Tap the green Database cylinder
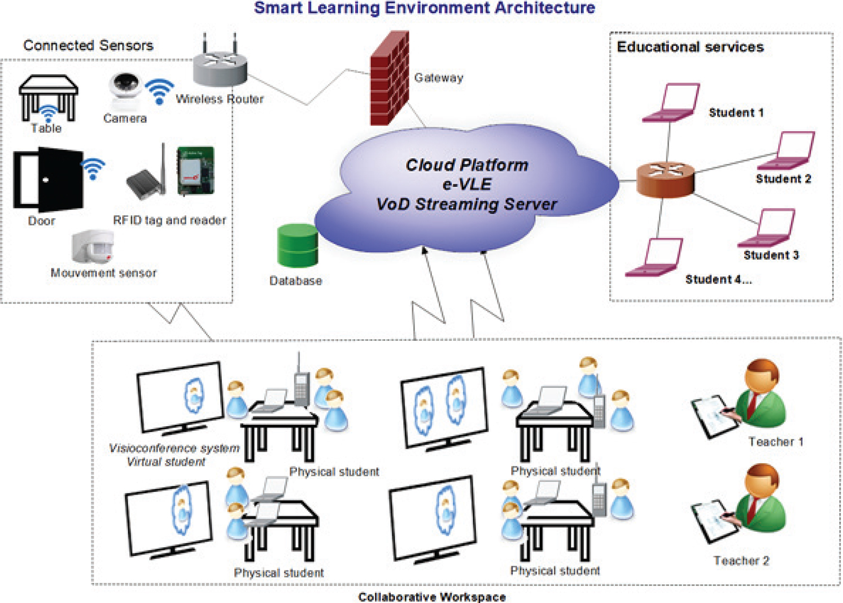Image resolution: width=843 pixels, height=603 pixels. [298, 245]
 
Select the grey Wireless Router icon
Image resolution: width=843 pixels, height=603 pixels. [220, 68]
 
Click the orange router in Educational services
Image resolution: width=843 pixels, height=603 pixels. [665, 180]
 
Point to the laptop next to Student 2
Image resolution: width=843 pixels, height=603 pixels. [788, 151]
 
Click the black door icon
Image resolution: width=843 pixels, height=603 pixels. [49, 179]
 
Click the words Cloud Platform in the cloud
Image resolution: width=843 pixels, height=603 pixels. [467, 165]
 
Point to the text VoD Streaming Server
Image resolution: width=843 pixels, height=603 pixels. [466, 204]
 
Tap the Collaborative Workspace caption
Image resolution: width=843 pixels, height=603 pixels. [432, 597]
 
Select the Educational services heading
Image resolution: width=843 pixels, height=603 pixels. [690, 47]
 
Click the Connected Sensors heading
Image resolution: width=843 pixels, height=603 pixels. [88, 45]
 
